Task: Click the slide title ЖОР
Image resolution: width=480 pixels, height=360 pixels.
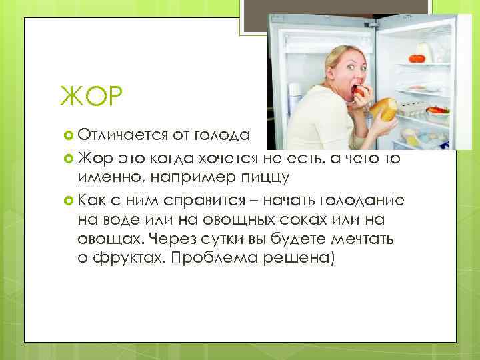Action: [x=91, y=98]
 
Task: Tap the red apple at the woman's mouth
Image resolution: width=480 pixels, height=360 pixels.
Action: [x=361, y=91]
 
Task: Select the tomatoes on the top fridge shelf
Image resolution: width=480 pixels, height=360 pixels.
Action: [x=417, y=57]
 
